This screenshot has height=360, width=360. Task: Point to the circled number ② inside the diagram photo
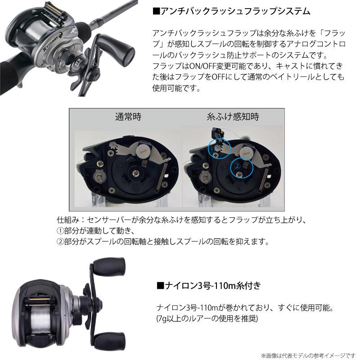[x=237, y=167]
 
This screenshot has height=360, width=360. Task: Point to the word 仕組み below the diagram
[x=67, y=222]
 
